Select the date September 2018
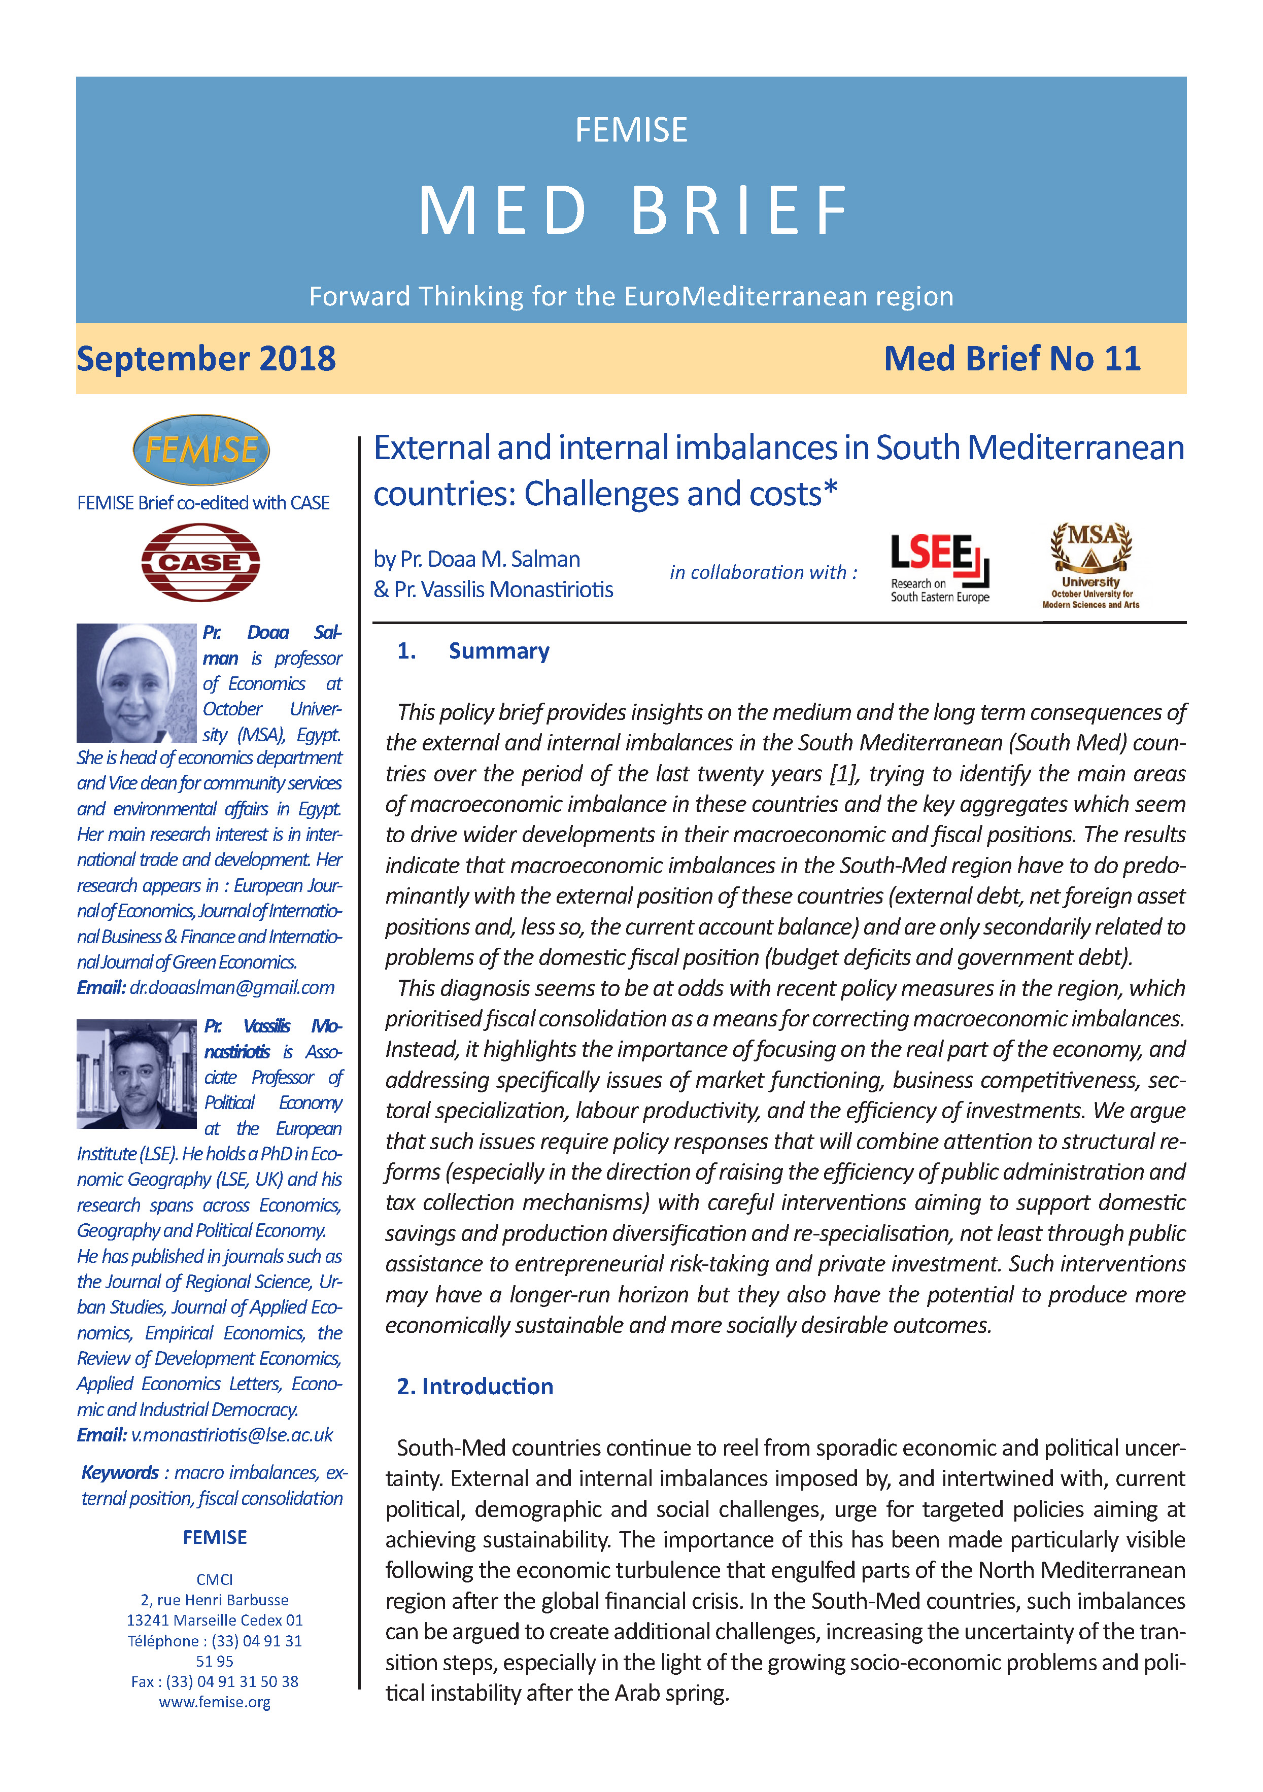[x=206, y=359]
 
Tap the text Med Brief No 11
[x=1012, y=359]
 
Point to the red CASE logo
[x=200, y=562]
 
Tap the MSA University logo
[x=1090, y=565]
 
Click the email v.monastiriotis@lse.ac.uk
[x=231, y=1434]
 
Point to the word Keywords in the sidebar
[x=120, y=1473]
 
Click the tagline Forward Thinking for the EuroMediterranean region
[x=631, y=297]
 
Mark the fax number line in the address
[x=215, y=1682]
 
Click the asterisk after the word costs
[x=831, y=489]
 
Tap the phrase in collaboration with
[x=763, y=572]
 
